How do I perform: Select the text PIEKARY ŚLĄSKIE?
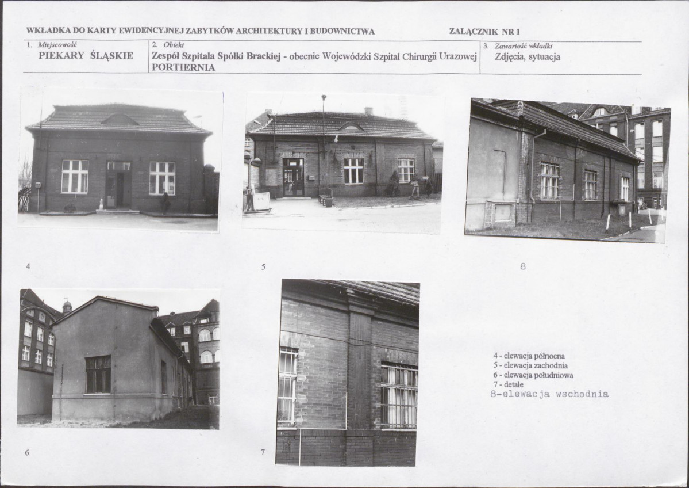point(86,55)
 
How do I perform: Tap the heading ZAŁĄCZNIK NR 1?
point(484,31)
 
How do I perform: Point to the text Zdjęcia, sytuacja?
point(528,57)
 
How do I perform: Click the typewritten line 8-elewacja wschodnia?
point(549,394)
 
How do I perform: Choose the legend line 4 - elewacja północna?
point(529,356)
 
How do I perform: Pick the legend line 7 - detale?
point(509,384)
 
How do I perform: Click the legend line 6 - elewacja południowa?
point(533,375)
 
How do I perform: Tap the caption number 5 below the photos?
point(263,266)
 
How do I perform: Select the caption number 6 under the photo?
point(27,452)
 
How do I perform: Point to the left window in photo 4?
point(75,177)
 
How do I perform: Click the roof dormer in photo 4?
point(120,119)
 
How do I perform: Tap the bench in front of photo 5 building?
point(326,197)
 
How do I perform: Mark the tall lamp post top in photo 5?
point(324,97)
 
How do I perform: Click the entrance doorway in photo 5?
point(293,177)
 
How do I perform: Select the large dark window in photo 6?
point(98,375)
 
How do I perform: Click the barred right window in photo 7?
point(399,395)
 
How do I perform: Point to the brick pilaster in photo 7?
point(359,369)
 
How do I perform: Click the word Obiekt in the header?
point(174,45)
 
